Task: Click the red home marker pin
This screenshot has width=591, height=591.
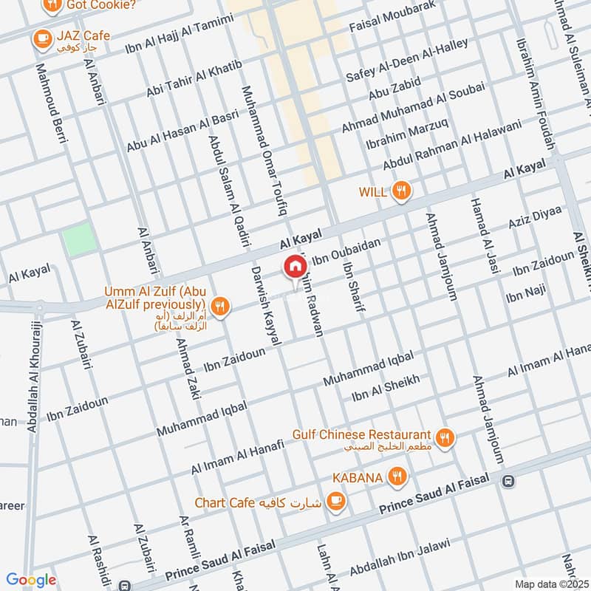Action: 295,267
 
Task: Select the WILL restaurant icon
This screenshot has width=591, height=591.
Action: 401,191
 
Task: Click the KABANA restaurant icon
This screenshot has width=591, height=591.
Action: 398,477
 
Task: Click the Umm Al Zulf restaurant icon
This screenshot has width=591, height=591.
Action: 219,305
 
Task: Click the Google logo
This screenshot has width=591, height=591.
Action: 31,579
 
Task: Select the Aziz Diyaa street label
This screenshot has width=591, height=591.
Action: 535,216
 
